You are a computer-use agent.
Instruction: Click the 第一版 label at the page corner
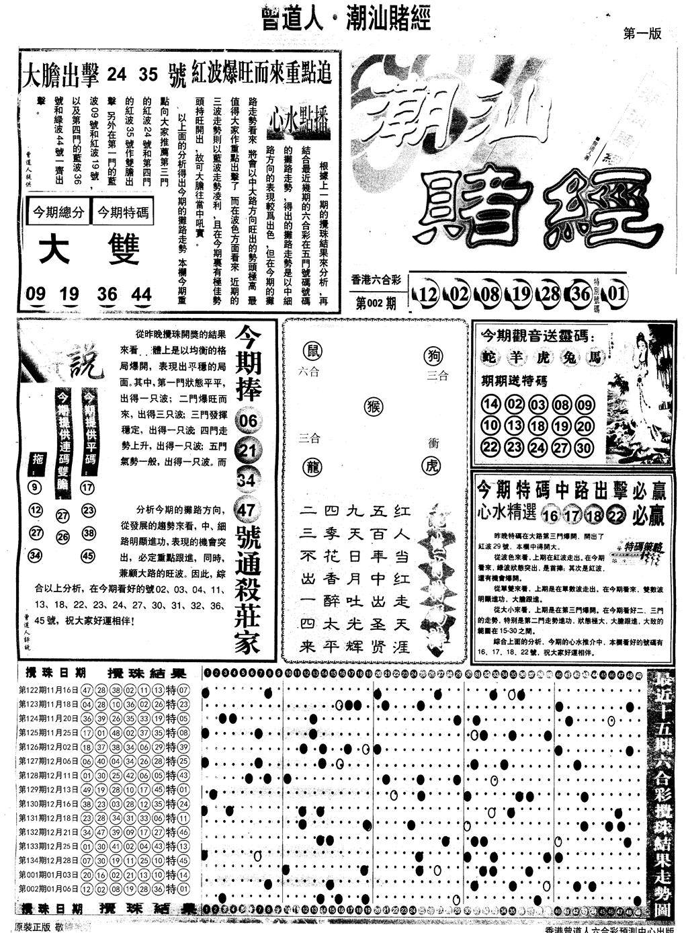pos(642,34)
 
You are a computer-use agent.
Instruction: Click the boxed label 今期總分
pos(57,213)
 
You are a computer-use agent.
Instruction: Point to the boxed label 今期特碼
pos(122,213)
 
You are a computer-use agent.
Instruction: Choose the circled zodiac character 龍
pos(313,465)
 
